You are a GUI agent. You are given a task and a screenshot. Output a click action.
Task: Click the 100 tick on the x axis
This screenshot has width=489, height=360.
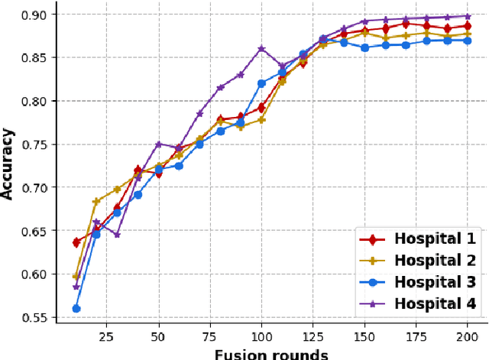coord(261,336)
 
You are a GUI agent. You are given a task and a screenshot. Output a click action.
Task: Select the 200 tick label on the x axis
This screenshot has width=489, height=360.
coord(465,336)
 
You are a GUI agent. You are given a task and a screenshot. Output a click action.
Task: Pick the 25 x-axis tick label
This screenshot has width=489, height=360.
coord(107,336)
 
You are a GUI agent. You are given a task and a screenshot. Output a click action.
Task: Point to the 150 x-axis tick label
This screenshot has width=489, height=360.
coord(364,336)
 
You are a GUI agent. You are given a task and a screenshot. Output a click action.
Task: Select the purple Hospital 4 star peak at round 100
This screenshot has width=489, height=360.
coord(261,49)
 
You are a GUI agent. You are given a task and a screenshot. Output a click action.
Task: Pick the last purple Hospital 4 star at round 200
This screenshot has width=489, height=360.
coord(465,16)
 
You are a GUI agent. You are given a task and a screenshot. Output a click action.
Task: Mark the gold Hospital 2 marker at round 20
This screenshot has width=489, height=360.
coord(96,202)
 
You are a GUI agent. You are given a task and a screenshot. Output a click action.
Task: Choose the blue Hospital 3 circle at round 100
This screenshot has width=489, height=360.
coord(261,83)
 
